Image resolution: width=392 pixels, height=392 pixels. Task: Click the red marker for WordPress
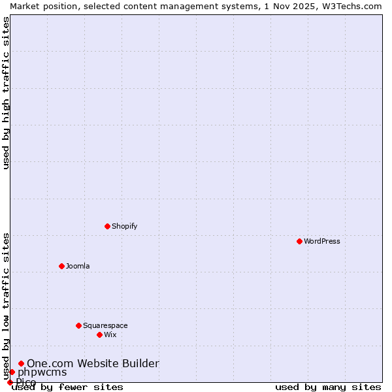[299, 241]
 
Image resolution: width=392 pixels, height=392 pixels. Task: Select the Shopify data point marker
[107, 226]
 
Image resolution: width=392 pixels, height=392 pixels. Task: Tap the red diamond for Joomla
[61, 266]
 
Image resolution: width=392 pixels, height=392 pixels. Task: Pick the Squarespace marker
[78, 325]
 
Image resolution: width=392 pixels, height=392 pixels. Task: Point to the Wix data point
[99, 335]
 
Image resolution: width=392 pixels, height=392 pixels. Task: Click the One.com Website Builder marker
[21, 363]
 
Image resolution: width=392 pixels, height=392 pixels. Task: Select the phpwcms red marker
[12, 372]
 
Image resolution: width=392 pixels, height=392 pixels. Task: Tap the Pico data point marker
[10, 382]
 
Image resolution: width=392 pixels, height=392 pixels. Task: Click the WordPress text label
[322, 241]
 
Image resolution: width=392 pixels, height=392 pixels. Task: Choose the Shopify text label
[124, 226]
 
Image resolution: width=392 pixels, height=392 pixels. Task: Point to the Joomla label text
[78, 266]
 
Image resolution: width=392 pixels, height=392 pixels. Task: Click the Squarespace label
[105, 325]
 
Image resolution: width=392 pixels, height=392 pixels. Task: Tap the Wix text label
[110, 335]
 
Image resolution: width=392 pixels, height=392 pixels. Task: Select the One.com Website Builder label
[93, 363]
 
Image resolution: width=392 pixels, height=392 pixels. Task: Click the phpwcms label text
[42, 372]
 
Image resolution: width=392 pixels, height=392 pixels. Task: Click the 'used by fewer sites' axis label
[67, 387]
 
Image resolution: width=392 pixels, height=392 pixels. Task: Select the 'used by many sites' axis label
[328, 387]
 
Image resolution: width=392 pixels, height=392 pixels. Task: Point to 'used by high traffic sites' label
[6, 93]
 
